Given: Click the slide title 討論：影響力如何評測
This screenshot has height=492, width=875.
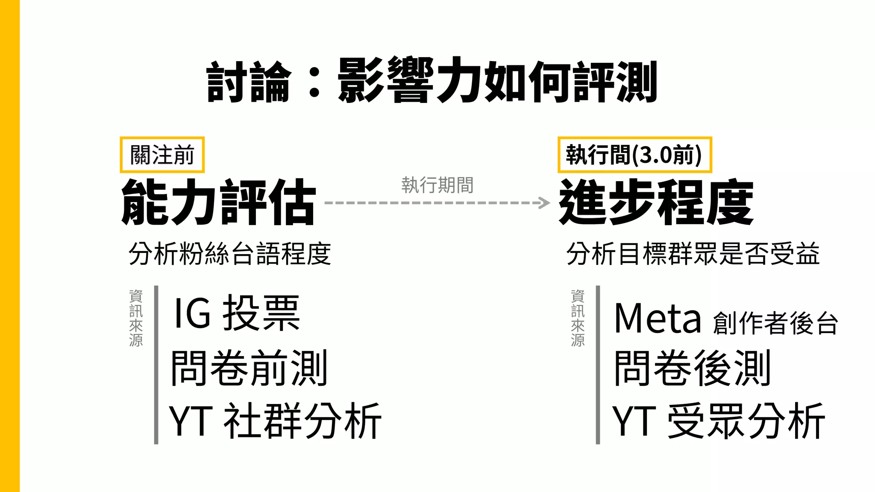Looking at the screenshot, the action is click(432, 81).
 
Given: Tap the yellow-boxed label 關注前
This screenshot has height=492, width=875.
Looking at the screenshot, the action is click(162, 155).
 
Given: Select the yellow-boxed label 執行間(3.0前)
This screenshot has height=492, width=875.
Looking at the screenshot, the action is click(634, 155).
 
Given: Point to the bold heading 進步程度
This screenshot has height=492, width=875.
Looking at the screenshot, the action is click(656, 202).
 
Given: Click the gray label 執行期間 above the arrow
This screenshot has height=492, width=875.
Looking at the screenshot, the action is click(437, 185).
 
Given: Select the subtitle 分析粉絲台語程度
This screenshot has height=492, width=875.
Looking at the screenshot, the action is click(230, 254).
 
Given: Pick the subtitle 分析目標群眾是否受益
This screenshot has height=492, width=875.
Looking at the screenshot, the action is click(693, 254).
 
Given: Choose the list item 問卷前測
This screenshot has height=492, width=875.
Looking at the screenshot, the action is click(249, 368).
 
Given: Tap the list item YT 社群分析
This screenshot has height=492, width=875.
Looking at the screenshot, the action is click(275, 421).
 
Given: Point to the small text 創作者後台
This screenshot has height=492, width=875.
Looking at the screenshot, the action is click(775, 323).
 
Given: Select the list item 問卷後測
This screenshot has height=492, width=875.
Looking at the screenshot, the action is click(692, 368).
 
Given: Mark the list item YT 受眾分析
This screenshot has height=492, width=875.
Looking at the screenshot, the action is click(718, 421).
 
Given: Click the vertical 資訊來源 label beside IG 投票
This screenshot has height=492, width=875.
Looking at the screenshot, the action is click(136, 318).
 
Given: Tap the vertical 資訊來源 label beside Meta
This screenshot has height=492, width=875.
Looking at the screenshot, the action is click(578, 318).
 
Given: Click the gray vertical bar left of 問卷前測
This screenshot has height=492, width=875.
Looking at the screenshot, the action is click(156, 365).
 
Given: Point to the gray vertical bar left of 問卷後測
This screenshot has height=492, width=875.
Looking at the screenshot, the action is click(598, 365).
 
